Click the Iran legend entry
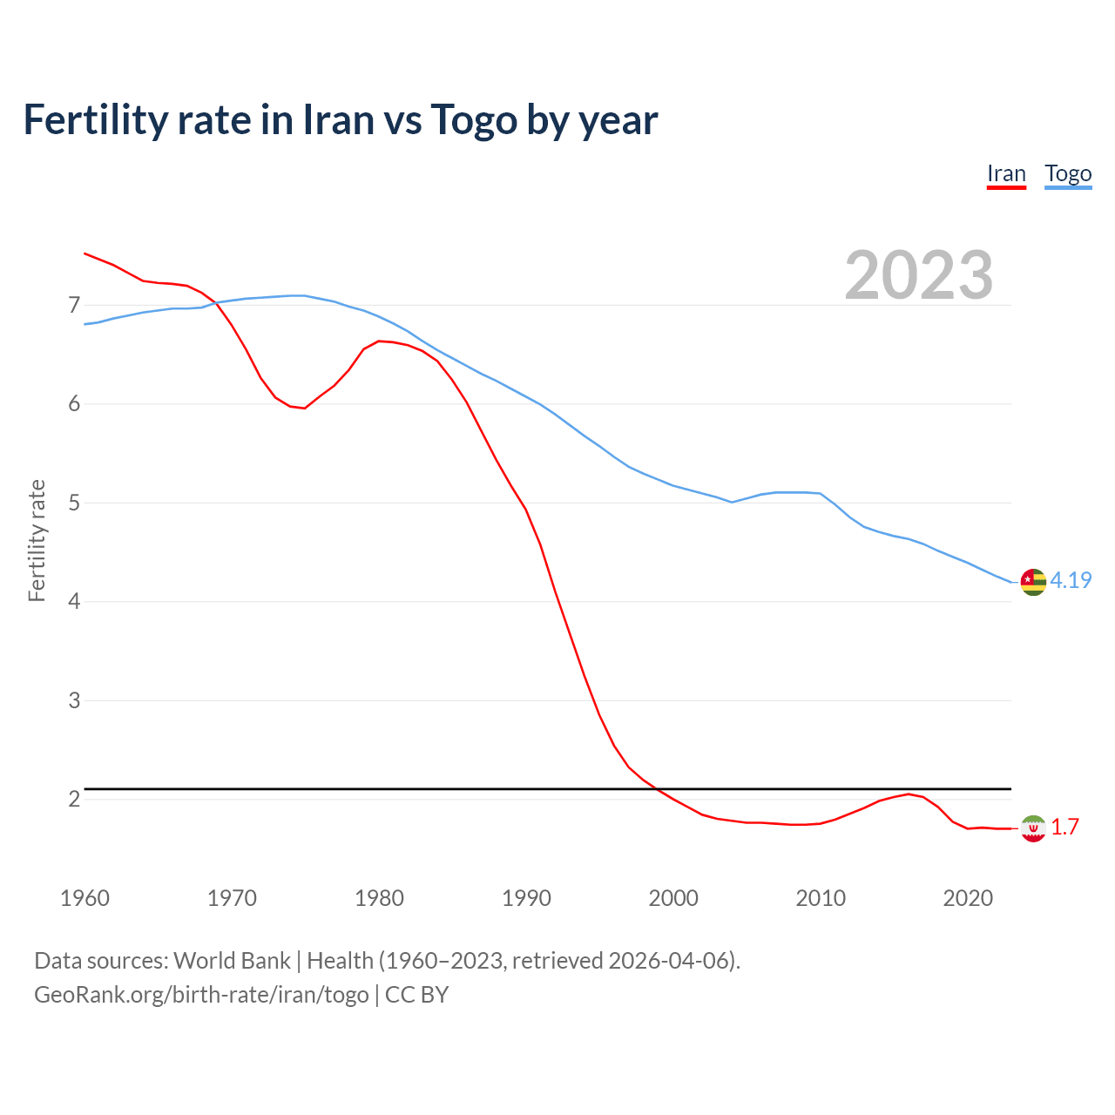pos(1006,174)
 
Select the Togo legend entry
pos(1068,174)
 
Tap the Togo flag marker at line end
pos(1033,581)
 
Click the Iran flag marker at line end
pos(1033,828)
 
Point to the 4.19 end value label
pos(1071,580)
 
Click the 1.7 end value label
pos(1064,827)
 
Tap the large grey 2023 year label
pos(918,275)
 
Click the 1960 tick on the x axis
pos(84,898)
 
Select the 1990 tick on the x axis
pos(526,898)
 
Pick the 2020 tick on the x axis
pos(968,898)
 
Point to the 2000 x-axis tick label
pos(673,898)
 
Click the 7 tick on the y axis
pos(74,305)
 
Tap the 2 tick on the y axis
pos(74,799)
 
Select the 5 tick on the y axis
pos(74,503)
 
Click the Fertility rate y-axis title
pos(37,540)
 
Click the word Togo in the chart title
pos(474,120)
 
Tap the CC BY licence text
pos(416,995)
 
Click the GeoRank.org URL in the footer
pos(201,995)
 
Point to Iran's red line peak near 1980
pos(380,341)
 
